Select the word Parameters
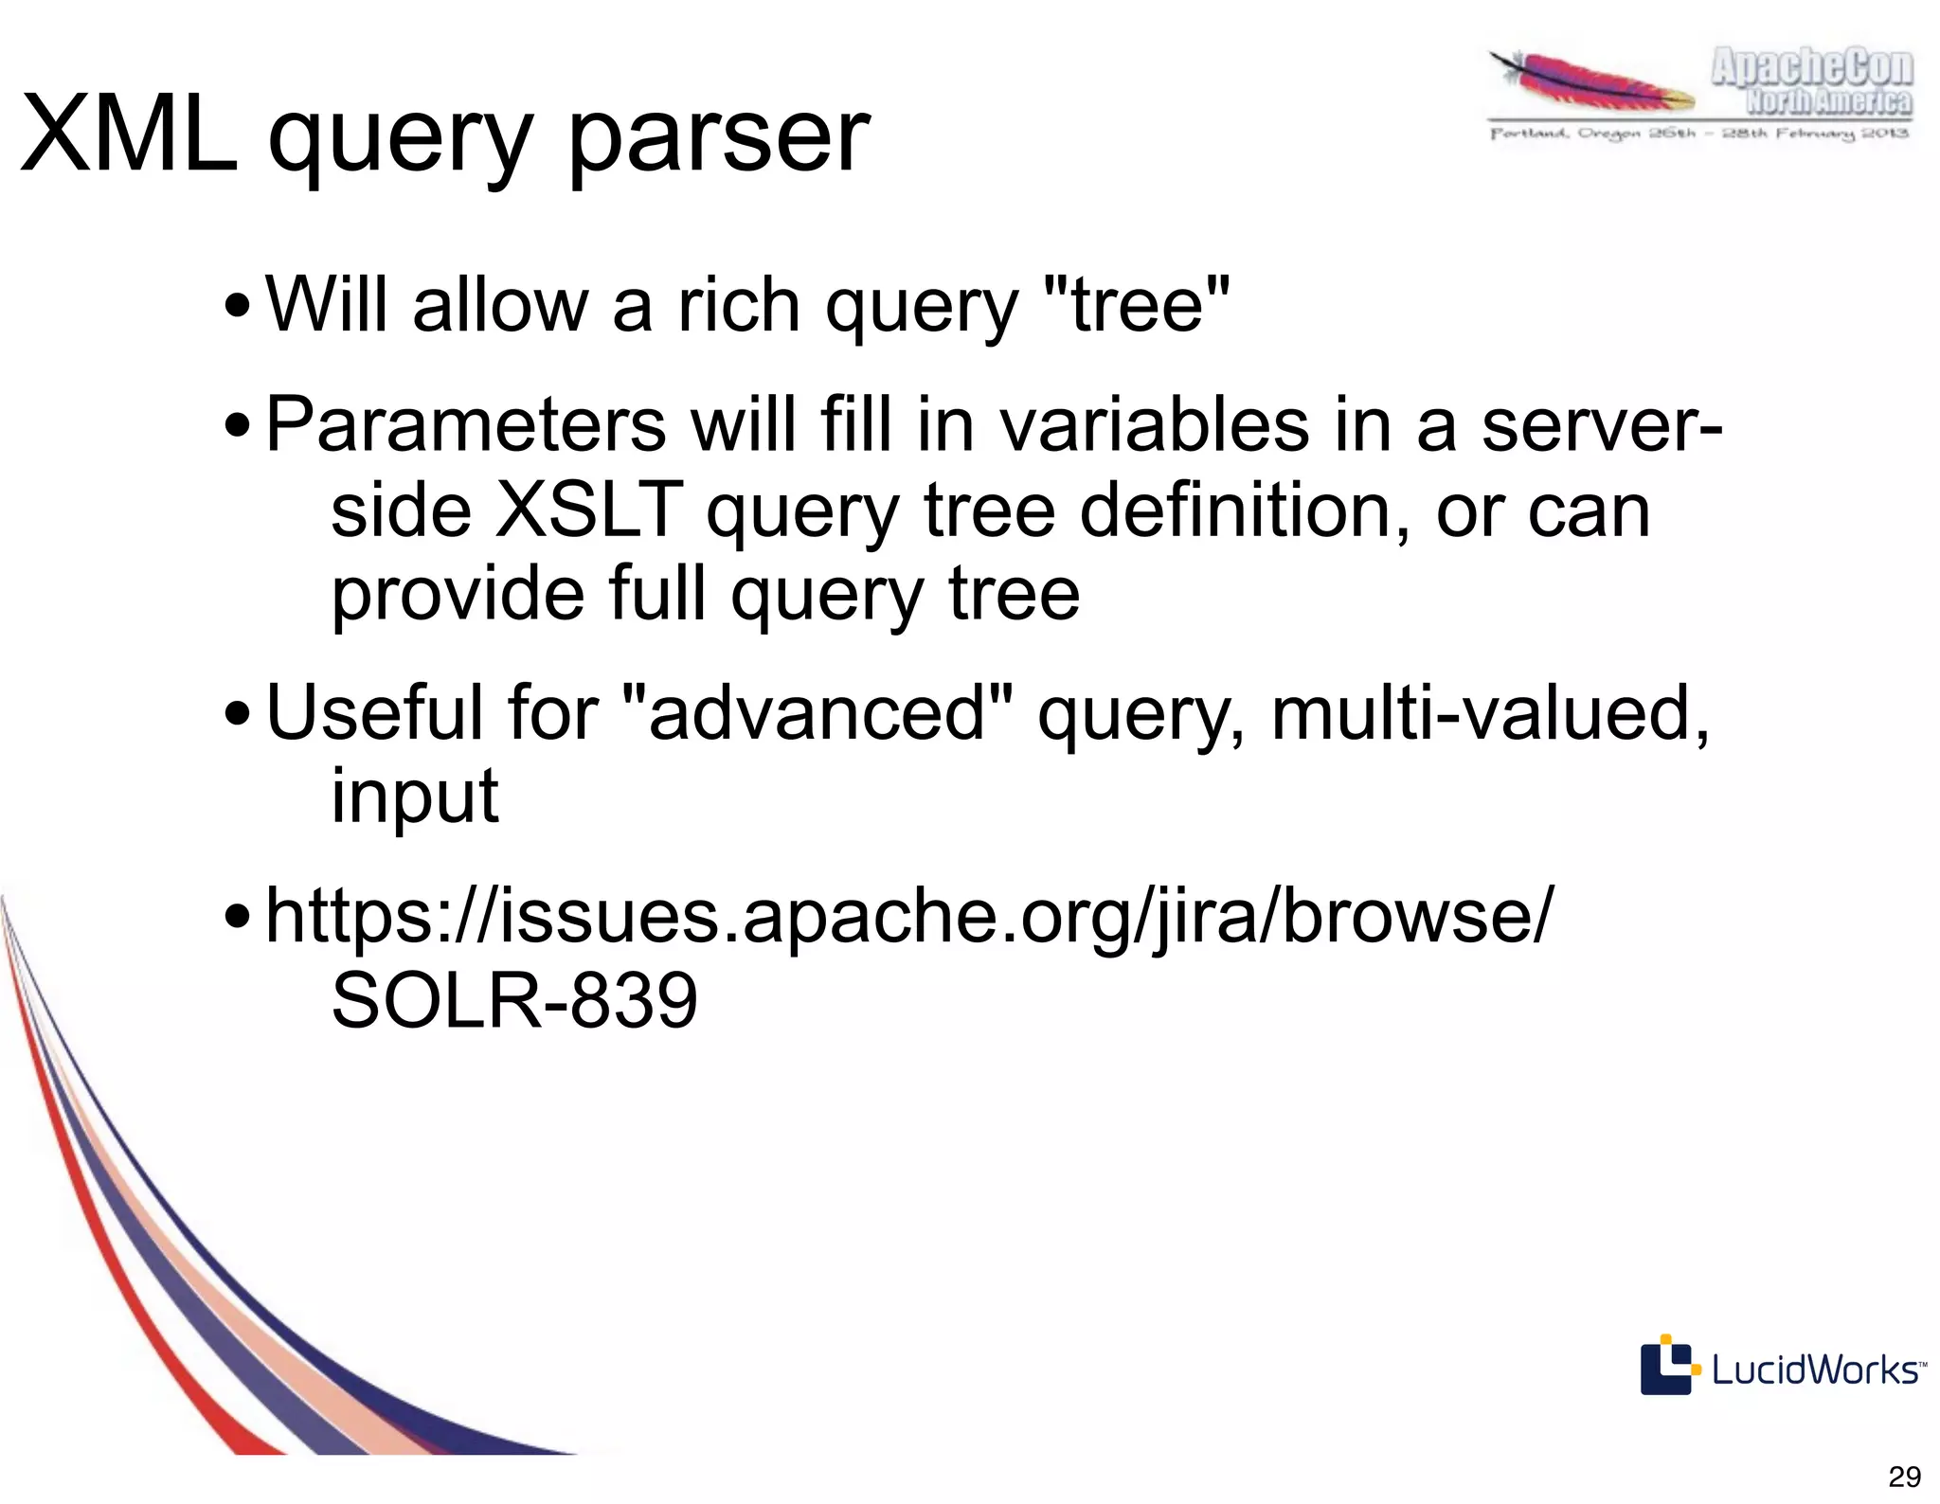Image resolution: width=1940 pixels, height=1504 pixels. coord(465,425)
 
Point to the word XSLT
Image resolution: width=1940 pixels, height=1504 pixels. coord(587,510)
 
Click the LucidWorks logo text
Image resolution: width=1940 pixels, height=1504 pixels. coord(1817,1370)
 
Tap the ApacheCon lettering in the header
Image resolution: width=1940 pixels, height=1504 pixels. coord(1811,68)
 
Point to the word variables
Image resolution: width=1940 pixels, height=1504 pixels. coord(1156,425)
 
